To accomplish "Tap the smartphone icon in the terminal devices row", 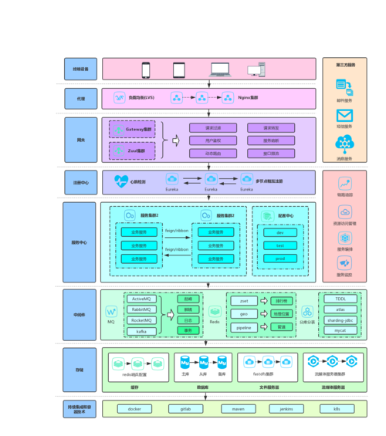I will click(x=145, y=69).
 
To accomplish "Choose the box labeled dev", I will click(x=279, y=232).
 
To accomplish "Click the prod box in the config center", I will click(x=279, y=258).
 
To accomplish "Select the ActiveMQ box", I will click(x=141, y=298).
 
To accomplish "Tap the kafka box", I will click(x=141, y=330).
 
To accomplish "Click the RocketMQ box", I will click(x=141, y=319).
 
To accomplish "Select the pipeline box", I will click(x=243, y=327).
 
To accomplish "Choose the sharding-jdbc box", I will click(x=340, y=319).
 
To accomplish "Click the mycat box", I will click(x=340, y=330).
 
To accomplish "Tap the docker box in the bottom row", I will click(x=134, y=408).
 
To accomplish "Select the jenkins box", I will click(x=286, y=408).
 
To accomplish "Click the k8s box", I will click(x=337, y=408).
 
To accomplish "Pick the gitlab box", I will click(x=185, y=408).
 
